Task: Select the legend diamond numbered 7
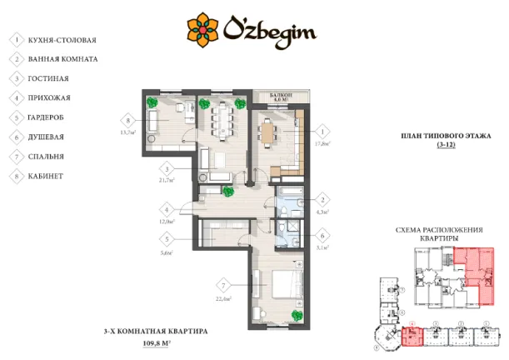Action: point(16,156)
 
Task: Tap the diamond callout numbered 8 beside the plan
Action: point(127,117)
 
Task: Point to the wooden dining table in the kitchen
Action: point(267,132)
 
